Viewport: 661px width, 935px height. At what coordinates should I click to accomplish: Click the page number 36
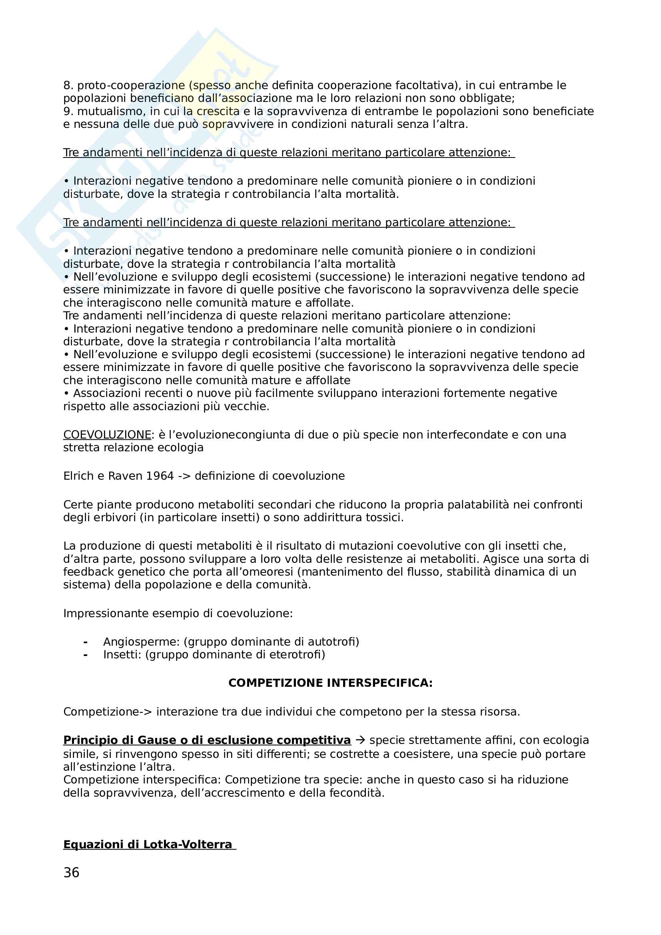tap(71, 872)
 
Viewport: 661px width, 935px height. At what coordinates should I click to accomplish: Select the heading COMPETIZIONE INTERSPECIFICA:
tap(330, 683)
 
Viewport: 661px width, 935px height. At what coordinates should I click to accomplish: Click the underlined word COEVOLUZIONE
tap(107, 435)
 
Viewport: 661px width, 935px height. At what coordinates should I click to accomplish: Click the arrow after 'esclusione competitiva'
tap(360, 740)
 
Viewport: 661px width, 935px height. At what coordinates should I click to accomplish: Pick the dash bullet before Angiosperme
tap(86, 642)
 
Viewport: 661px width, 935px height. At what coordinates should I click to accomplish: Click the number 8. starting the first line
tap(68, 86)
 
